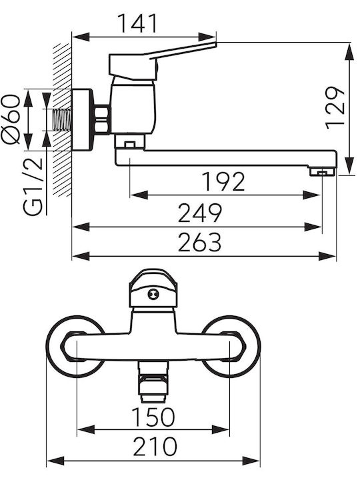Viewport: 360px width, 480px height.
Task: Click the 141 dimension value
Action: (138, 23)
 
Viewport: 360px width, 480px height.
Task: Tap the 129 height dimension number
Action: (335, 108)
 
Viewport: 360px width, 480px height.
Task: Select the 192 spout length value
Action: (223, 181)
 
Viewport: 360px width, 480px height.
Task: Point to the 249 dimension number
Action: (199, 213)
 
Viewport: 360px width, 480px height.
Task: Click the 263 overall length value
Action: (199, 242)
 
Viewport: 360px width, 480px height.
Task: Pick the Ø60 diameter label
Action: (11, 119)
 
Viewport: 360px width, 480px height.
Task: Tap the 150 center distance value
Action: (153, 417)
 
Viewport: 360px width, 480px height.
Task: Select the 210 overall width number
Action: (155, 446)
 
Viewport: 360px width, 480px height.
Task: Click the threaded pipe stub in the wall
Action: (63, 120)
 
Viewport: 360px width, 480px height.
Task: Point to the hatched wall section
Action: (63, 120)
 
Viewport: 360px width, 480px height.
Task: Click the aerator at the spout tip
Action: (323, 172)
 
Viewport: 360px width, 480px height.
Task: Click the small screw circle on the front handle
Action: (153, 295)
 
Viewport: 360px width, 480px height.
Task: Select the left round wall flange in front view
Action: (75, 347)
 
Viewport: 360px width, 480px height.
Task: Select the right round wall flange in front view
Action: (231, 347)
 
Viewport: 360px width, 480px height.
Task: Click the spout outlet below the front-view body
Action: (153, 382)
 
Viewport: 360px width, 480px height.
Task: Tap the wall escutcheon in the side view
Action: (81, 120)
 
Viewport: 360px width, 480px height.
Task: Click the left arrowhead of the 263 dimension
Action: (81, 256)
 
